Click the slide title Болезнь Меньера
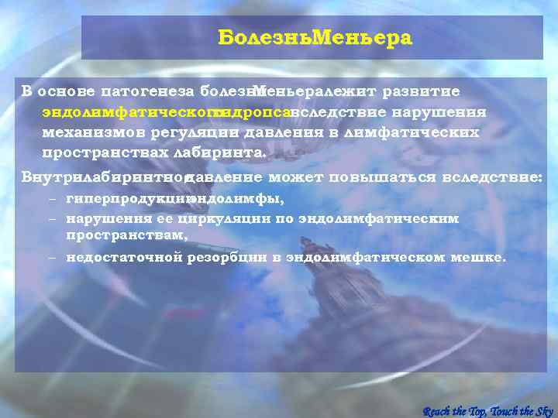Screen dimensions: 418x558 (315, 38)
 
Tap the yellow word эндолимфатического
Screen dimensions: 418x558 (128, 111)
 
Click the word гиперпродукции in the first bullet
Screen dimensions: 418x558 (126, 199)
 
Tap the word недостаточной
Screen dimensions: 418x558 (123, 257)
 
